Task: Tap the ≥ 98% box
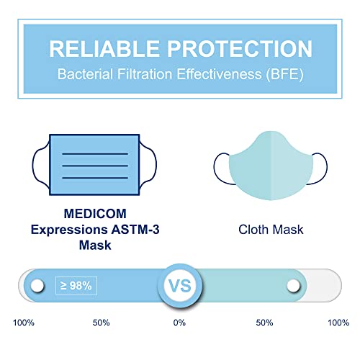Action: pos(75,286)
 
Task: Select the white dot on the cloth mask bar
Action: pos(293,287)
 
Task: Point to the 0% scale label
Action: pos(179,323)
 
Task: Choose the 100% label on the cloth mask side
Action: pos(338,323)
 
